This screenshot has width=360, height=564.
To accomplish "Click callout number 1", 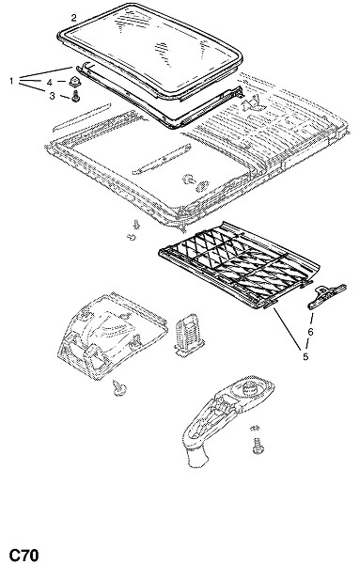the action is coord(11,81).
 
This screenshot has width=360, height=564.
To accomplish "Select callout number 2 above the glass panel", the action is coord(73,18).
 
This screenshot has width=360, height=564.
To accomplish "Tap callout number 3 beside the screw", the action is coord(52,96).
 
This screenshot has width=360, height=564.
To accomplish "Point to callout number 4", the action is coord(50,83).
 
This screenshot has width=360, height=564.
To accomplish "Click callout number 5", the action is coord(305,357).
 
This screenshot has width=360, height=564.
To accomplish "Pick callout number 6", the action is coord(310,332).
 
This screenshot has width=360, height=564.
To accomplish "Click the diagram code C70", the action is coord(23,555).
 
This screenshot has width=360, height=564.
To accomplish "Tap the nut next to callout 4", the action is coord(75,83).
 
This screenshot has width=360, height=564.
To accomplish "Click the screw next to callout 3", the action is coord(75,97).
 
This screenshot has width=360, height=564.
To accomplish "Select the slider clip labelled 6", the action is coord(326,296).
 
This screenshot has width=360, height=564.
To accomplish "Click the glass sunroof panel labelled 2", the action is coord(150,51).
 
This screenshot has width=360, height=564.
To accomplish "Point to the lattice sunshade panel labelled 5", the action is coord(239,264).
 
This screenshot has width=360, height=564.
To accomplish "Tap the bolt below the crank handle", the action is coord(258,446).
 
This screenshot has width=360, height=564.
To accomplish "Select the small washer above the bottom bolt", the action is coord(255,428).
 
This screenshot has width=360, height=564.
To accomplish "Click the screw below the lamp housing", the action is coord(119,387).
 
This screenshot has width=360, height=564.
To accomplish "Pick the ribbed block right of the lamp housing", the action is coord(186,335).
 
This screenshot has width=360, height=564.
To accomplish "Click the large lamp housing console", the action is coord(112,337).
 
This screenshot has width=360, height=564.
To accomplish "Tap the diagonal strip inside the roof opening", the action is coord(162,159).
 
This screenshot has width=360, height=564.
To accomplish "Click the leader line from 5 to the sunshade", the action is coord(288,329).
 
